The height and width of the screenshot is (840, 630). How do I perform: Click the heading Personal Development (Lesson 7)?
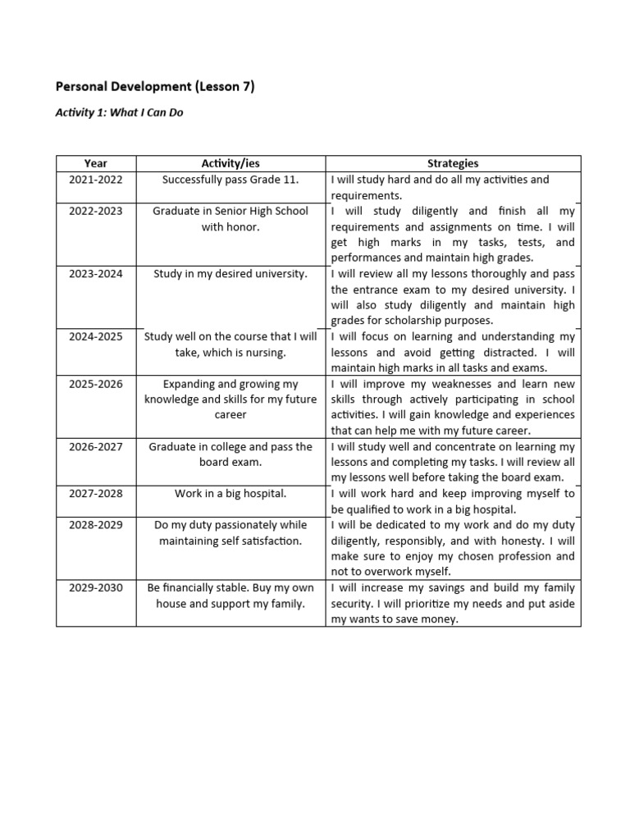tap(154, 86)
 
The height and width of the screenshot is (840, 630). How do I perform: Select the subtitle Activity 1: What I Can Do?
tap(119, 112)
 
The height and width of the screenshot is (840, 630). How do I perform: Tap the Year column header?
tap(96, 163)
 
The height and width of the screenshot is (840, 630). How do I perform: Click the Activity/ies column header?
tap(231, 163)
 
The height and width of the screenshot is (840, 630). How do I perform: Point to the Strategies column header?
tap(453, 163)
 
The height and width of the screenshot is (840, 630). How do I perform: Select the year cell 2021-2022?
tap(96, 180)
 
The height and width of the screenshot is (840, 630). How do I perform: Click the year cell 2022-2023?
tap(96, 211)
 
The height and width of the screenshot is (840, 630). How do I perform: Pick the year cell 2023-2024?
tap(96, 274)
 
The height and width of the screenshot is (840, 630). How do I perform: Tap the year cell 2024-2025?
tap(96, 336)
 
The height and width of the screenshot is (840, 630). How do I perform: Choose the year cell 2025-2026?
tap(96, 384)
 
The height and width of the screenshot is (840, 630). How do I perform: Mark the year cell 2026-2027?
tap(96, 447)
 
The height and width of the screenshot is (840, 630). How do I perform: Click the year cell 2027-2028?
tap(96, 494)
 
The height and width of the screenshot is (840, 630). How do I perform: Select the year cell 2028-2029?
tap(96, 525)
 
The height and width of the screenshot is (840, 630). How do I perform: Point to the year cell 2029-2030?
tap(96, 588)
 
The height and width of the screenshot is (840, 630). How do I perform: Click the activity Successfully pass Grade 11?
tap(231, 180)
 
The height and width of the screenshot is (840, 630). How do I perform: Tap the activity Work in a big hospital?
tap(231, 494)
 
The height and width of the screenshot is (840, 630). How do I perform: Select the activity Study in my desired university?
tap(231, 274)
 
